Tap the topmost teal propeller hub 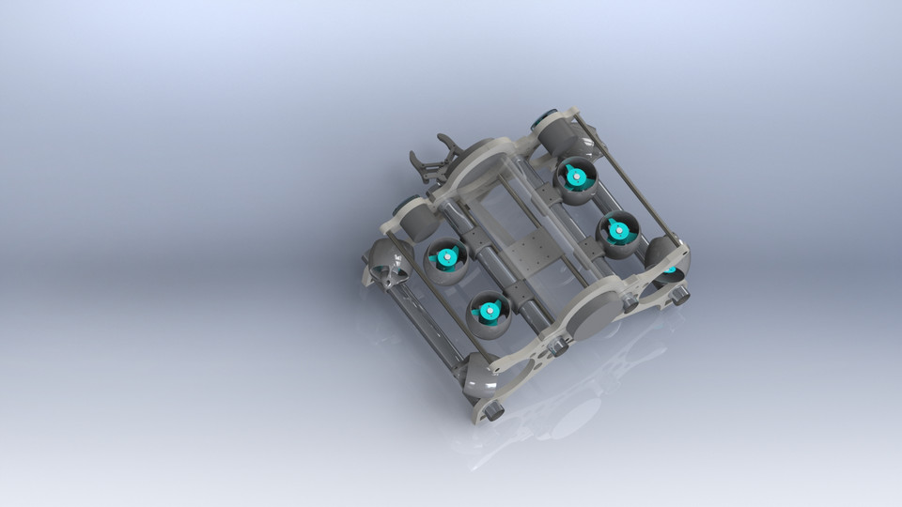[571, 175]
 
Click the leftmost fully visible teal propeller [444, 256]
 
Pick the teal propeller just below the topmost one [617, 229]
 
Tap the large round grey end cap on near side [596, 314]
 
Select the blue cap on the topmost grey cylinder [543, 122]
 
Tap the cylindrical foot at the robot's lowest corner [494, 410]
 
